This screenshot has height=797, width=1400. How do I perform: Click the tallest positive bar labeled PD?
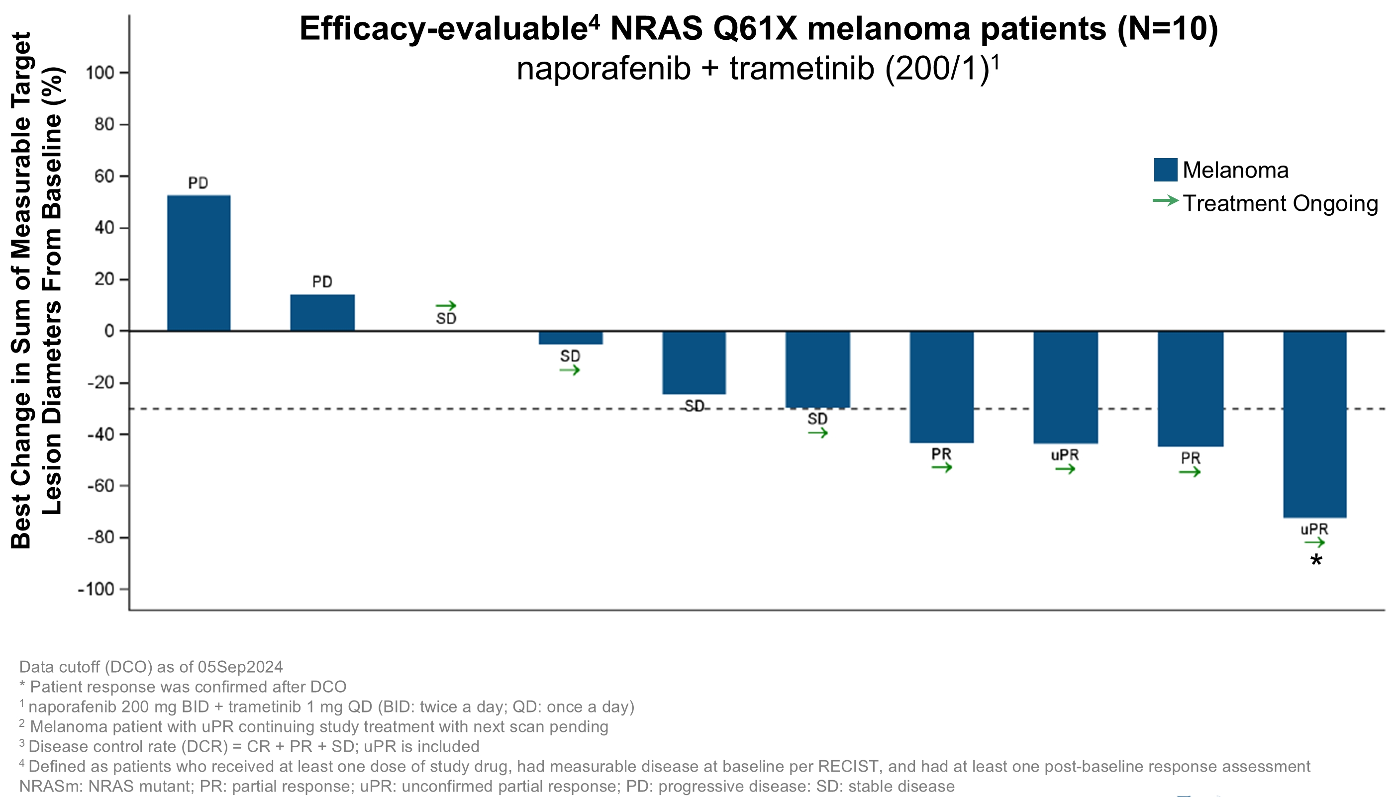[199, 263]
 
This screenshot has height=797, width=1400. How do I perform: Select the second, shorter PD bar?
[322, 313]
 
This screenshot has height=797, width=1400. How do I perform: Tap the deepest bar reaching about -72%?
[1314, 424]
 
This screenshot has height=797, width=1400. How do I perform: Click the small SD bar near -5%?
[570, 338]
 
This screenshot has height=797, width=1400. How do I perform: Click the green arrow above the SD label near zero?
[446, 305]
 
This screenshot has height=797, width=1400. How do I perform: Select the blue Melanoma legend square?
[1165, 170]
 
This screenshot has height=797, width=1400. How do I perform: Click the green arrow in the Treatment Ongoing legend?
[1165, 201]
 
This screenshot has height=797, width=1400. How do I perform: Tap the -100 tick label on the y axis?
[96, 590]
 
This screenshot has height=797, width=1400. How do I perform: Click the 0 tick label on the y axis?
[109, 331]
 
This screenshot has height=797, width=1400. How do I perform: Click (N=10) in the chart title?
[1167, 28]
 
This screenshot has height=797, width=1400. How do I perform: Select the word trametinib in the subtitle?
[801, 69]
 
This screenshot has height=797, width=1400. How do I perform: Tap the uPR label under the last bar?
[1314, 530]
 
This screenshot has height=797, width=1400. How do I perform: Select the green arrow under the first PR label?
[942, 467]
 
